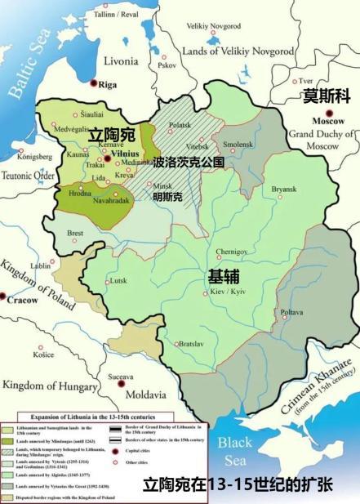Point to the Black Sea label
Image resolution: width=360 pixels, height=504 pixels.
[235, 450]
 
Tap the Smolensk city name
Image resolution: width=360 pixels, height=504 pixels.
[238, 144]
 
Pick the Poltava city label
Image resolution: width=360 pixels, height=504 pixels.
[291, 313]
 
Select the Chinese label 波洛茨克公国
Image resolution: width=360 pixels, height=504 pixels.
[188, 163]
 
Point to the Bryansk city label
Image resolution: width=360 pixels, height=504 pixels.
[283, 190]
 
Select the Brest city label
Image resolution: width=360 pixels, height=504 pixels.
[75, 234]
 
